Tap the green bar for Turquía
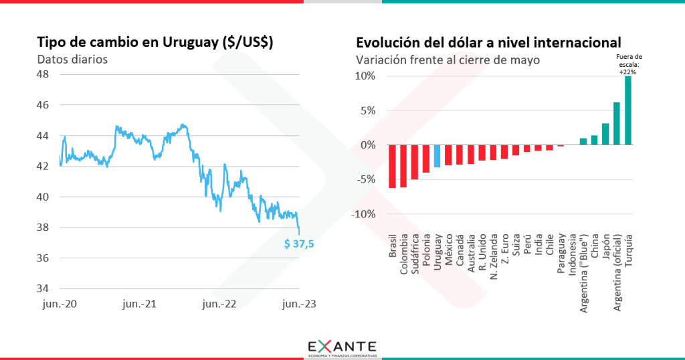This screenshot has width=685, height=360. (627, 110)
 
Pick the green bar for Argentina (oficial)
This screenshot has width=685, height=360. (616, 123)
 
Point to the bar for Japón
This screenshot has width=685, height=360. (605, 134)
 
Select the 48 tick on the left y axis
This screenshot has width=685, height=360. (41, 74)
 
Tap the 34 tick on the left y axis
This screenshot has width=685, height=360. (41, 288)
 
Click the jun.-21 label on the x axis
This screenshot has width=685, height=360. (139, 304)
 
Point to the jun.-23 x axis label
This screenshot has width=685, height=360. (298, 304)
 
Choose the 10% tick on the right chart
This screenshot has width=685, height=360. (365, 76)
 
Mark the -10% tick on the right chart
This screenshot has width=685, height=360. (363, 214)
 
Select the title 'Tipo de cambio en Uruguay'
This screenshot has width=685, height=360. (155, 41)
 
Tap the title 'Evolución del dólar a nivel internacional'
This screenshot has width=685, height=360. (488, 41)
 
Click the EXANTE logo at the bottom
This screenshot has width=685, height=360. (342, 348)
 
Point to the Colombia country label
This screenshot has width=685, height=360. (403, 254)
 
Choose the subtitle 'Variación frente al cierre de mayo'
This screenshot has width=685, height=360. (448, 59)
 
